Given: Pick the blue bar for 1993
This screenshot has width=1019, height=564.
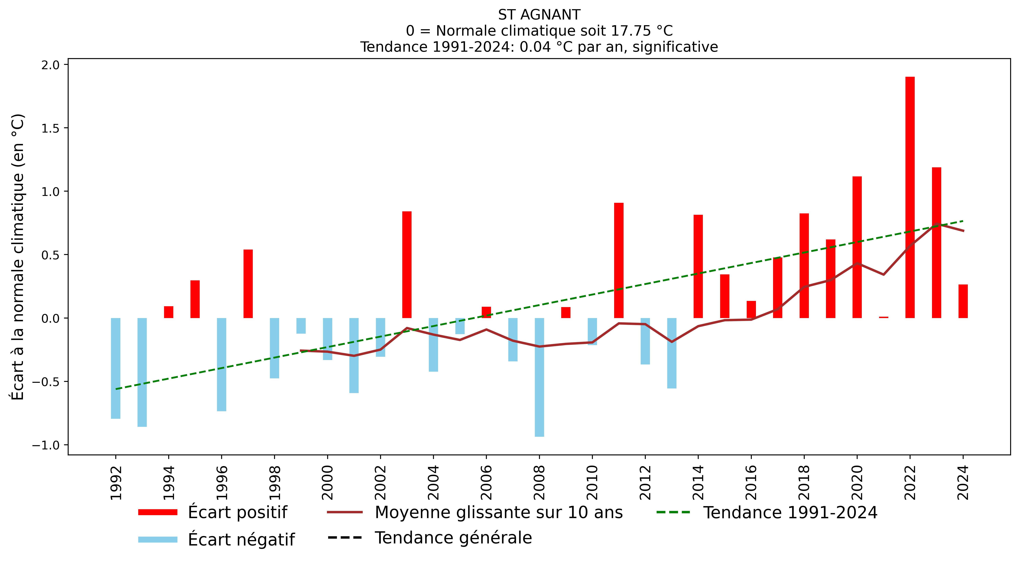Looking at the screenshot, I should [142, 372].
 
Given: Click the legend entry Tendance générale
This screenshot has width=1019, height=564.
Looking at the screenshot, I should [453, 538].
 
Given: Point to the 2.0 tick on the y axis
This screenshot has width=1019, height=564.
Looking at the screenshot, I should [50, 65].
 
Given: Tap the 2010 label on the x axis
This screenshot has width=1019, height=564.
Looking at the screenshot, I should [592, 482].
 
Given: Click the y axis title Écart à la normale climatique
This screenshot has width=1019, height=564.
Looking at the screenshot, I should [18, 257].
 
